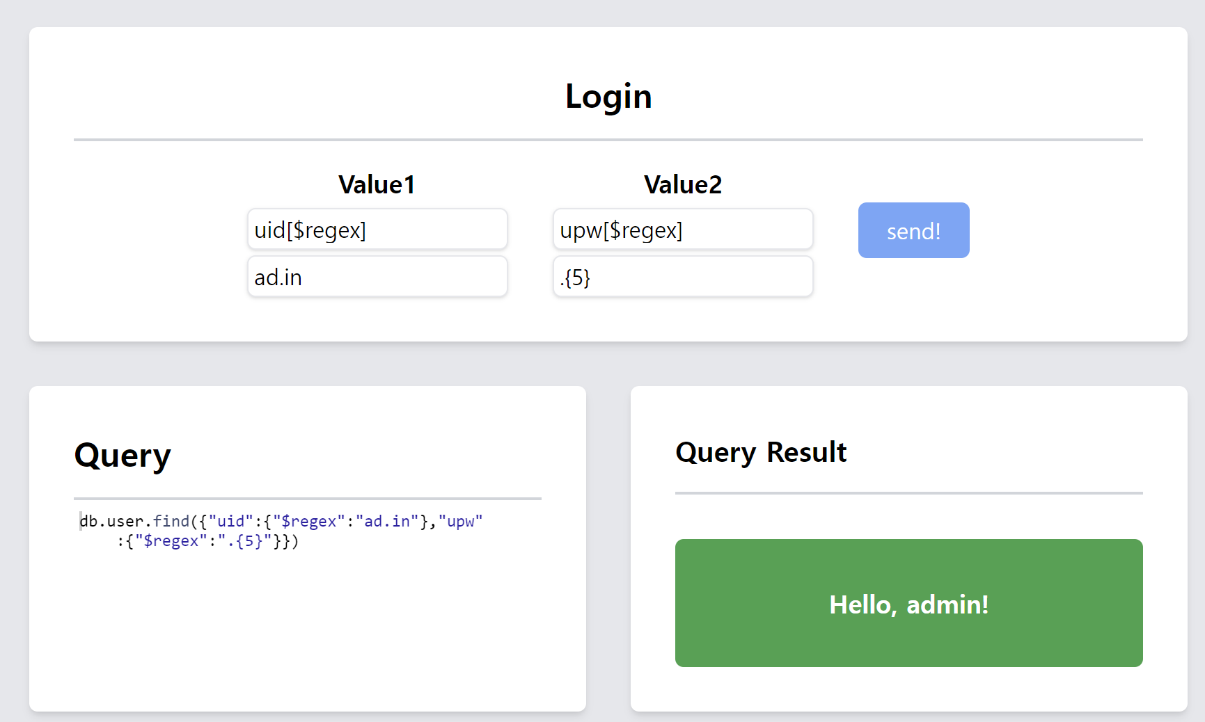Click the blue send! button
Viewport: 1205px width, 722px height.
(x=913, y=230)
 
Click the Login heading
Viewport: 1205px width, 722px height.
(x=608, y=96)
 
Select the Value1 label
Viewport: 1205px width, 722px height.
(x=377, y=184)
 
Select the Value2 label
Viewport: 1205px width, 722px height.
(x=683, y=184)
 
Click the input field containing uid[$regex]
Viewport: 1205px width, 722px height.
(x=377, y=230)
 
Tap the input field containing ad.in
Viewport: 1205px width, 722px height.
(x=377, y=277)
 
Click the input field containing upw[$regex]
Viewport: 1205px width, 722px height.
(x=683, y=230)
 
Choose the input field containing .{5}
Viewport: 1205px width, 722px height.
(x=683, y=277)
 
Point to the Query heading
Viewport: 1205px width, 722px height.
(x=123, y=456)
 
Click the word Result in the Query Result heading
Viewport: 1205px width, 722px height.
(x=807, y=452)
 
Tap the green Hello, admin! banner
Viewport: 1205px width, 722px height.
(x=909, y=603)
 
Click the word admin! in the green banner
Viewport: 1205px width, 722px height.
(x=947, y=604)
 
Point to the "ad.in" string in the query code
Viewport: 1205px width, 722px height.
(x=387, y=521)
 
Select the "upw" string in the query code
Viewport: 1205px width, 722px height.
(x=460, y=521)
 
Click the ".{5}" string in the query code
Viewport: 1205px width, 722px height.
(x=244, y=540)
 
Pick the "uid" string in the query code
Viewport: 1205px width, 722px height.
(x=230, y=521)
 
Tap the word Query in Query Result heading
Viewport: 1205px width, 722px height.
(x=716, y=453)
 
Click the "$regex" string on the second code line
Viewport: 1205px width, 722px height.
(x=171, y=540)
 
